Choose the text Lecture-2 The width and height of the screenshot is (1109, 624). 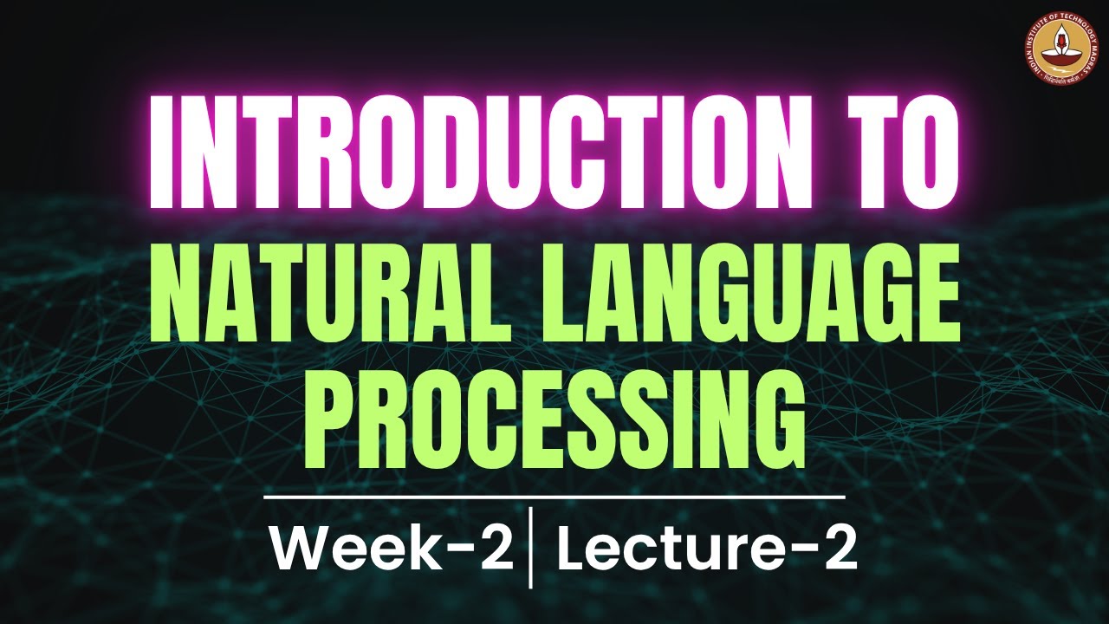click(706, 549)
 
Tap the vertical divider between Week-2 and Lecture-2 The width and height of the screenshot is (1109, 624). click(530, 549)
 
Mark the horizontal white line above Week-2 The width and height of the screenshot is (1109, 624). click(554, 497)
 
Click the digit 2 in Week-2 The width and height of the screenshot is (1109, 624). click(496, 549)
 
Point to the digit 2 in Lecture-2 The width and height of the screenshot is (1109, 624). click(840, 549)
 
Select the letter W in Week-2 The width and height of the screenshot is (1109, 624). click(299, 549)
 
